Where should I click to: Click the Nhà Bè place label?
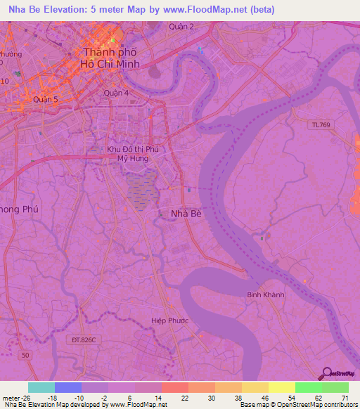186,214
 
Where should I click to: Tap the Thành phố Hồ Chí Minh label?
110,58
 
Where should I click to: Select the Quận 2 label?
181,27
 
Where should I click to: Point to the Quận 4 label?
115,92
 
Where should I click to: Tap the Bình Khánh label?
266,294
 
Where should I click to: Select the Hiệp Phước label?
170,320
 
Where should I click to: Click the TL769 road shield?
320,125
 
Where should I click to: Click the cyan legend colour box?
41,387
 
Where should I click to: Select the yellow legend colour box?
281,387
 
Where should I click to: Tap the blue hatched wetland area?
143,190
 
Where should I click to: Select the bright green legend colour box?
308,387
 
